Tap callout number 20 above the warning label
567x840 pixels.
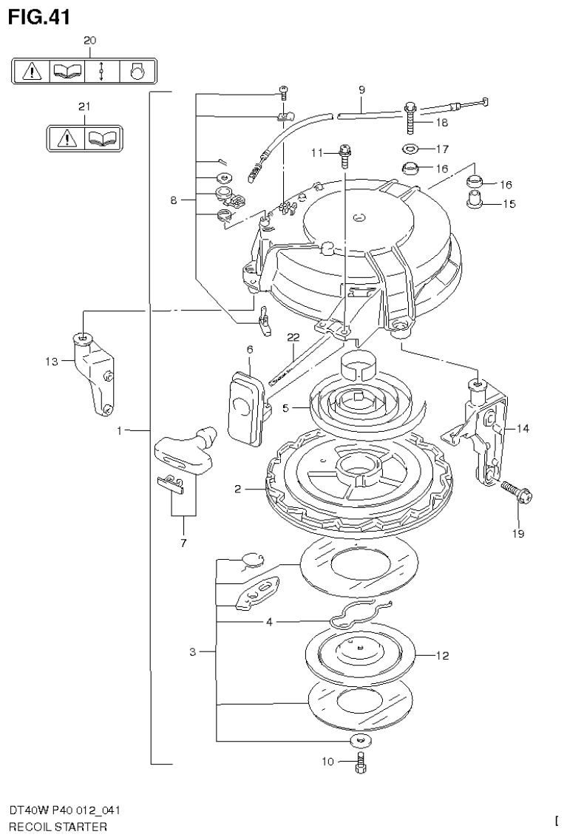tap(89, 40)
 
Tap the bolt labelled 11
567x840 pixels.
tap(344, 156)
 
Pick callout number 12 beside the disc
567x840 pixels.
tap(442, 655)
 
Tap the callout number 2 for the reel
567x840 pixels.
tap(238, 489)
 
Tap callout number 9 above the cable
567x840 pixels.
tap(361, 90)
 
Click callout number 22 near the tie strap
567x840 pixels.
tap(293, 337)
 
